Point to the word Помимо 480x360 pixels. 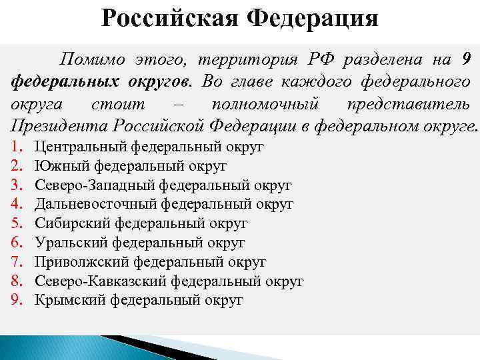pos(89,59)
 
